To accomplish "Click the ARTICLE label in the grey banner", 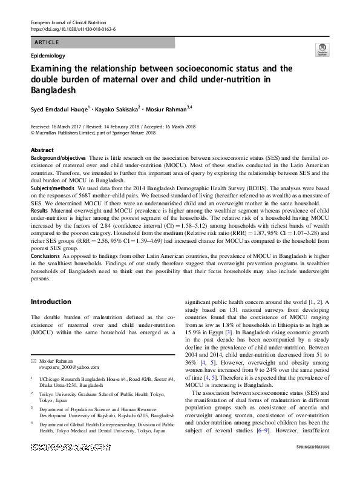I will click(47, 42).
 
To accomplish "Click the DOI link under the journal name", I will click(73, 29).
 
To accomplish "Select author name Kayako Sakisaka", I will click(119, 109).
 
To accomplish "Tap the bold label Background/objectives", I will click(58, 157).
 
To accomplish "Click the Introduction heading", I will click(51, 302).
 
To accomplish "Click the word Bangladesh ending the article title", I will click(53, 90).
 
